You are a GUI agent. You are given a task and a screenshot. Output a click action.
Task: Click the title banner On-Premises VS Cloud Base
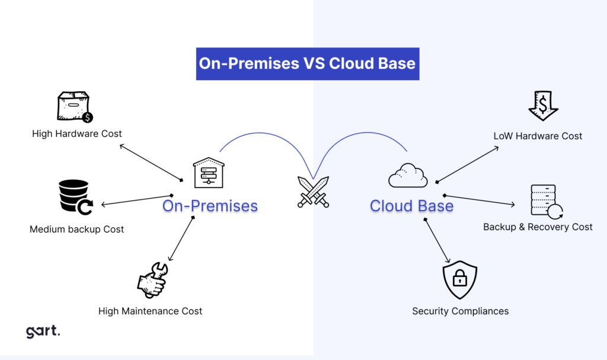308,64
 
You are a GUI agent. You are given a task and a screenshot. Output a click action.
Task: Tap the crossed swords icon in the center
313,192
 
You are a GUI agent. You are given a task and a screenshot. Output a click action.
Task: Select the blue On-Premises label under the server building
210,206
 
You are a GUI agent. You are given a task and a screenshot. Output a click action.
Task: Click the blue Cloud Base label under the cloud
411,206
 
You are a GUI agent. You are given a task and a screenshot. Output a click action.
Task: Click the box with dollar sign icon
74,107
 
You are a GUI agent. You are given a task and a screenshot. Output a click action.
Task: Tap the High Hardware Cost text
77,133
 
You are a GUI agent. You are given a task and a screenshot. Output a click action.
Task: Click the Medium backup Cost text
77,229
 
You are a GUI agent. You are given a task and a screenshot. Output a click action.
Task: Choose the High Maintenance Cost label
151,311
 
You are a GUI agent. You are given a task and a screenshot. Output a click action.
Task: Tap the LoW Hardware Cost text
538,136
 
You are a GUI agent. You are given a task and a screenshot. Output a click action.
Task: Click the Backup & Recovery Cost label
538,227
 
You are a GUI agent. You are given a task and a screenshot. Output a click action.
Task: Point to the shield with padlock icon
460,278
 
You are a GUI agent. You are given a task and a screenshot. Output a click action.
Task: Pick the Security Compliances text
460,311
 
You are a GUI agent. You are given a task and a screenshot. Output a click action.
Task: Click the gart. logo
43,332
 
